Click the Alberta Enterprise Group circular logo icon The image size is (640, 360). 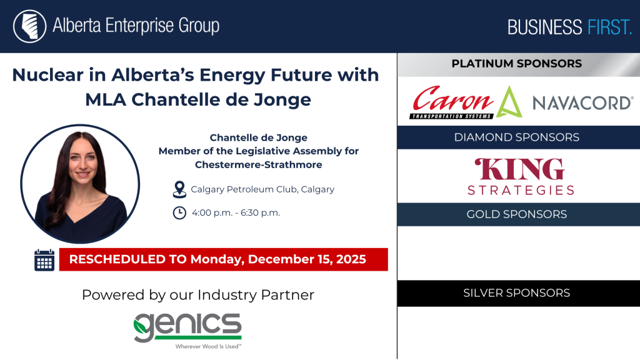point(29,26)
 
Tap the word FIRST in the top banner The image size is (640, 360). point(609,27)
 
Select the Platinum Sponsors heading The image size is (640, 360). point(516,64)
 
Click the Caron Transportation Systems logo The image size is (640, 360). point(452,102)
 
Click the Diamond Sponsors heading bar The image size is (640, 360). point(518,137)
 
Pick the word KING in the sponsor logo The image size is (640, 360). point(519,169)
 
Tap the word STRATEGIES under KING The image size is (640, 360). point(521,190)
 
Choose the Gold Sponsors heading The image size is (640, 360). point(517,214)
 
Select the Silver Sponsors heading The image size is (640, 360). point(517,293)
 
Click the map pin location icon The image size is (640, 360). point(179,190)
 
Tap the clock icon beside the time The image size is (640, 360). point(179,212)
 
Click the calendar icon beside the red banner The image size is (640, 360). point(44,259)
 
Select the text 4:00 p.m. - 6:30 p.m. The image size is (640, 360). point(236,212)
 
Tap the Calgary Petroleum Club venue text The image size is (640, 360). point(262,189)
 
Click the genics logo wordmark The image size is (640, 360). point(187,327)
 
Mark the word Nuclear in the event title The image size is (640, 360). point(47,75)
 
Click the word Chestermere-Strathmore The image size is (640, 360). point(258,164)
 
